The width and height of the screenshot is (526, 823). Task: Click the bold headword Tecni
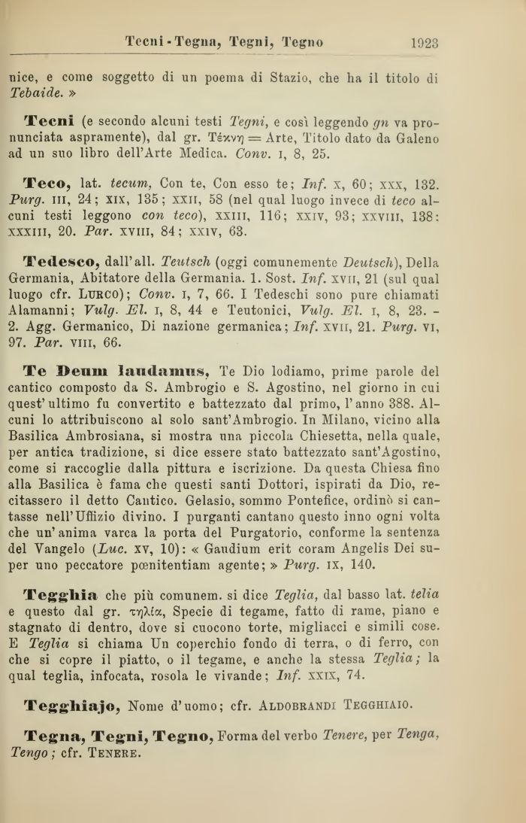pos(49,122)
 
